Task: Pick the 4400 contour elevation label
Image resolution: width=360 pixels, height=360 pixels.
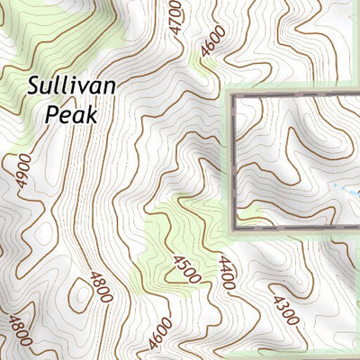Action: (225, 272)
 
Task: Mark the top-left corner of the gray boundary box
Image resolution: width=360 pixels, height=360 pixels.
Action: (232, 94)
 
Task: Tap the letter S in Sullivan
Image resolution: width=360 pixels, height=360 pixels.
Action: (34, 86)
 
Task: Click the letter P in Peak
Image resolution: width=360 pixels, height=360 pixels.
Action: (51, 114)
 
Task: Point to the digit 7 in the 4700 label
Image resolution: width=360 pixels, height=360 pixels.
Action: (176, 22)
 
